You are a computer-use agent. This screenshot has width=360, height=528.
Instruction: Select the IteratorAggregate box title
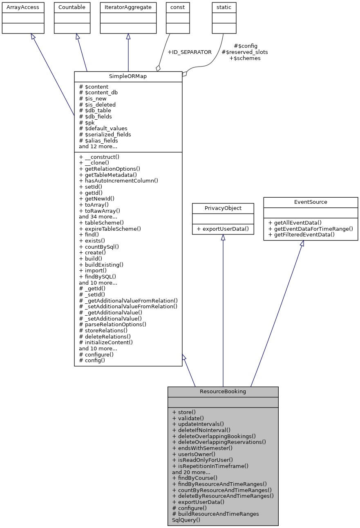tap(128, 7)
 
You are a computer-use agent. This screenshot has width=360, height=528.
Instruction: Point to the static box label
tap(224, 7)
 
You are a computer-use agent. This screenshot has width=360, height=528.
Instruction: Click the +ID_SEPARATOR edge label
tap(189, 52)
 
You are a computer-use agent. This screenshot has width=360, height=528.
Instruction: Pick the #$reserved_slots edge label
tap(244, 52)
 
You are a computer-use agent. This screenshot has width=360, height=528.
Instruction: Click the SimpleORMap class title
tap(128, 77)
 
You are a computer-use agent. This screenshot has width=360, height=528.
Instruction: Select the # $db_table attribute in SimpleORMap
tap(95, 110)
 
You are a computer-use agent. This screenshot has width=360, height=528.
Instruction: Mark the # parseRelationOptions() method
tap(112, 324)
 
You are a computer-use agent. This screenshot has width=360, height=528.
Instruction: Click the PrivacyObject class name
tap(223, 208)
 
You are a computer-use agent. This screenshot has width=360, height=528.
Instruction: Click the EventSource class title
tap(311, 202)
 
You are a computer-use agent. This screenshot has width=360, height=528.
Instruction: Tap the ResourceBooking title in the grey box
tap(223, 391)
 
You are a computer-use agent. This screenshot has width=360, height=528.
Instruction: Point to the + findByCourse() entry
tap(195, 478)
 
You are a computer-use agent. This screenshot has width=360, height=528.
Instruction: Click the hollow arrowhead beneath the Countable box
tap(78, 37)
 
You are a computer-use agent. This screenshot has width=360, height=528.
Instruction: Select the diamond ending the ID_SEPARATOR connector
tap(158, 68)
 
